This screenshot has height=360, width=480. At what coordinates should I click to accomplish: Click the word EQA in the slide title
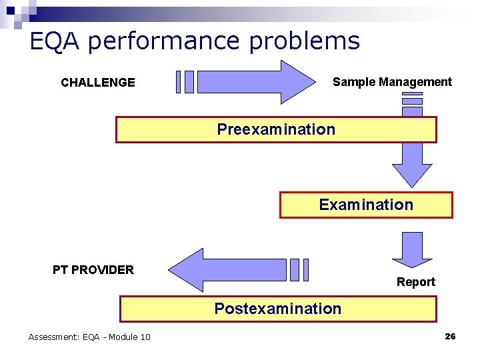(x=55, y=41)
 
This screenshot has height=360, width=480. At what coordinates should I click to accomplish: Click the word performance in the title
(x=163, y=41)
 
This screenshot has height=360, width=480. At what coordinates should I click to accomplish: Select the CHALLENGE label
(x=97, y=83)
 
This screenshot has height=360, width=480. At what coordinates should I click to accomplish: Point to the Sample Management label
(x=392, y=82)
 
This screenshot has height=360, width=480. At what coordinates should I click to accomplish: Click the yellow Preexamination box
(x=276, y=129)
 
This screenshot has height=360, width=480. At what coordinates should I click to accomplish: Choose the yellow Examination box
(x=366, y=205)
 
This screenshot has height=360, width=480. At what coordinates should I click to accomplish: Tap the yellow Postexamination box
(x=277, y=309)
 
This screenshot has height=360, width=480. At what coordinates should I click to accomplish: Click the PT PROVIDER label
(x=93, y=270)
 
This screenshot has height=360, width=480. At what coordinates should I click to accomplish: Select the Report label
(x=415, y=282)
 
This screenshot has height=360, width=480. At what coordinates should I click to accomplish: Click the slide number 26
(x=450, y=337)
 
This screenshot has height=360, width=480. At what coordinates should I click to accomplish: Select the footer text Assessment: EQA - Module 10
(x=89, y=337)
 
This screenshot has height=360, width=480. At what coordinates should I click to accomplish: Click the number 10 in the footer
(x=145, y=337)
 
